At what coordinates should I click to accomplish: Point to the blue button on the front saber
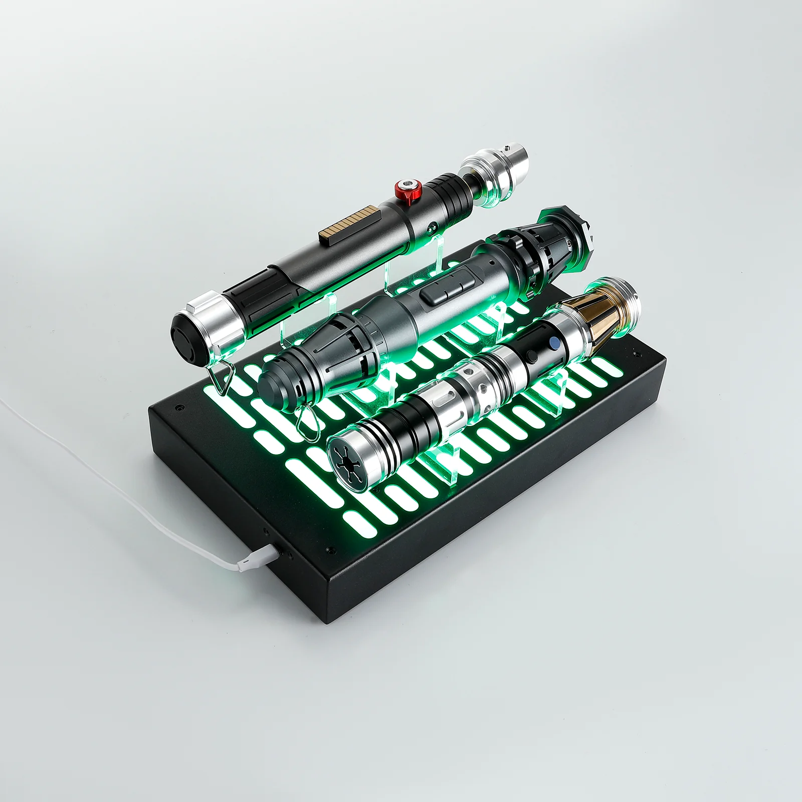pos(554,343)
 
